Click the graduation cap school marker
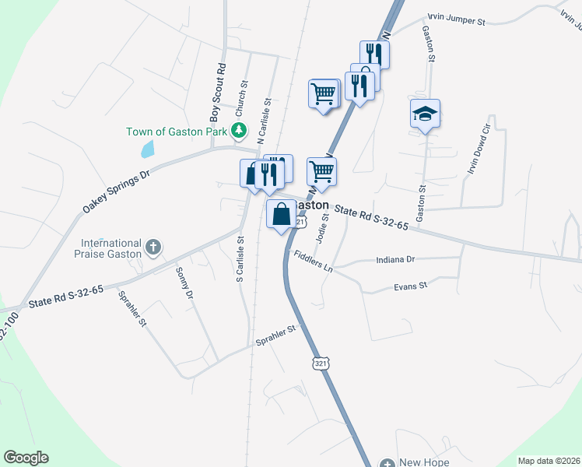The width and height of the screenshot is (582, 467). tap(425, 114)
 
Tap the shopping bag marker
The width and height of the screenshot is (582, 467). tap(282, 213)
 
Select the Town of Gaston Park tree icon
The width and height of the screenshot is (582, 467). tap(241, 131)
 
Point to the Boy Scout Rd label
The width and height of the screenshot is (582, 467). tap(219, 93)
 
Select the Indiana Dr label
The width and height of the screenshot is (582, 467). tap(396, 259)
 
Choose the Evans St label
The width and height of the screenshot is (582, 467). tap(412, 286)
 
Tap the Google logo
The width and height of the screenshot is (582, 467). tap(26, 458)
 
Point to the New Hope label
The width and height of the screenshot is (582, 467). tap(425, 462)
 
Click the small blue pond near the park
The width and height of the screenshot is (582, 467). tap(146, 148)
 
